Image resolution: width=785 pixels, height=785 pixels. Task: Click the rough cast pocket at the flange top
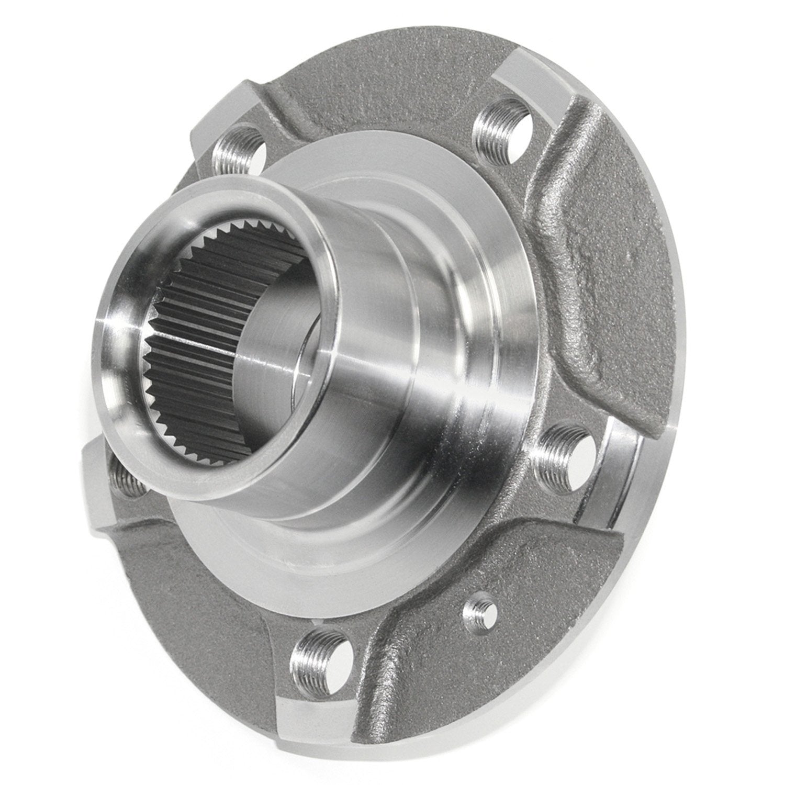(x=366, y=89)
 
